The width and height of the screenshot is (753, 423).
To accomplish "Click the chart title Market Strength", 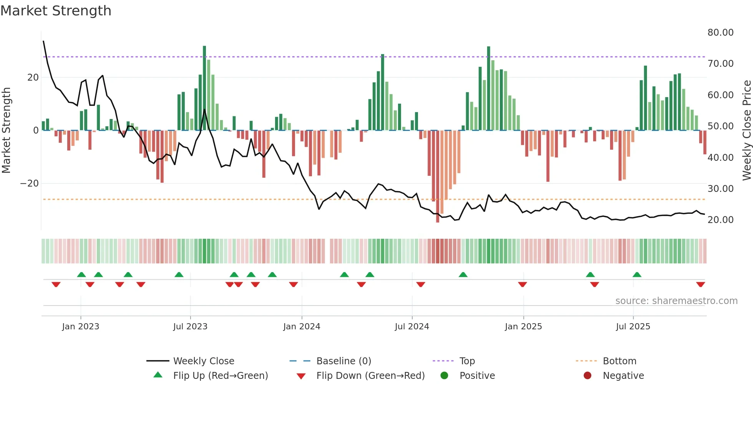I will coord(56,11).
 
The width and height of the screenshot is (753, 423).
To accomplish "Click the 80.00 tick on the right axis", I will coord(720,33).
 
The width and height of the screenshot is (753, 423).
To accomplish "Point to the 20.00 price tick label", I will coord(720,220).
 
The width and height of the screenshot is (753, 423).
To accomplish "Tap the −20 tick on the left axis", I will coord(30,183).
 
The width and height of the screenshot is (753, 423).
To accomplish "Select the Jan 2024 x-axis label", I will coord(302,327).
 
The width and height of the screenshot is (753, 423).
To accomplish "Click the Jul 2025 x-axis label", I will coord(633,327).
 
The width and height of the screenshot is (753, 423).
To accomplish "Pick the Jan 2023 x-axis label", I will coord(81,327).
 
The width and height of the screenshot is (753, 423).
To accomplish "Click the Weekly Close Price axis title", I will coord(746,131).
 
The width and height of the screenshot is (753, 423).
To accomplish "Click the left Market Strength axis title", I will coord(7,131).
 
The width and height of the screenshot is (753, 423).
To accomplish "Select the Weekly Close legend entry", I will coord(203,361).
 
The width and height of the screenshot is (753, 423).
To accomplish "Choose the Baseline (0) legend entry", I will coord(343,361).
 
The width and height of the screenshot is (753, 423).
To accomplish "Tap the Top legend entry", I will coord(467,361).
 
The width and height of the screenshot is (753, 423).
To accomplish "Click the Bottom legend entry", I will coord(619,361).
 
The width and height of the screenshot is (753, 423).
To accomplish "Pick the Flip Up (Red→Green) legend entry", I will coord(220,376).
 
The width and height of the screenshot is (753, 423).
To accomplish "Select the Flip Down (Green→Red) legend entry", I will coord(370,376).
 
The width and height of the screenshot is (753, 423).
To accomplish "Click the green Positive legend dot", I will coord(444,376).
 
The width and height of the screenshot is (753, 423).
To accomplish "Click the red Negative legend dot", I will coord(587,376).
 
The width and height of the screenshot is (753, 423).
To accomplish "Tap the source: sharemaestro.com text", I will coord(676,301).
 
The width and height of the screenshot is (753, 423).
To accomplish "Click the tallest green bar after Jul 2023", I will coord(204,88).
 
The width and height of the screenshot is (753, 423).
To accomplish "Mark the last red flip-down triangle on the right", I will coord(700,284).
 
